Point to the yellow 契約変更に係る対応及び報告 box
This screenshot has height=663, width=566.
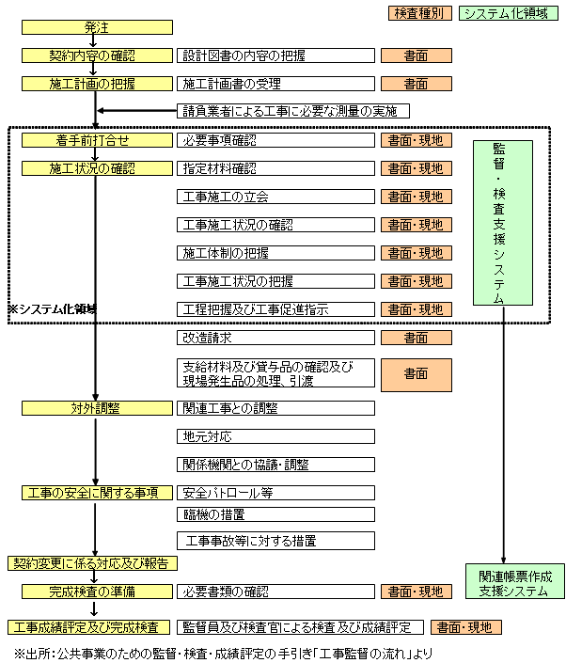coord(93,563)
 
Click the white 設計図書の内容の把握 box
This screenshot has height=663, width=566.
coord(275,55)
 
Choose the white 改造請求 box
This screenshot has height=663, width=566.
coord(275,338)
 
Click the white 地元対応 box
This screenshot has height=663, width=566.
coord(275,436)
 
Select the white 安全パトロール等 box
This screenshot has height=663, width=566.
coord(275,493)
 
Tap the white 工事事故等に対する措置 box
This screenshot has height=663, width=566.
coord(275,542)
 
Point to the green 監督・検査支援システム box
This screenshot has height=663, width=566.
coord(502,223)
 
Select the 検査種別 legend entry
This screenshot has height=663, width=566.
coord(417,13)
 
